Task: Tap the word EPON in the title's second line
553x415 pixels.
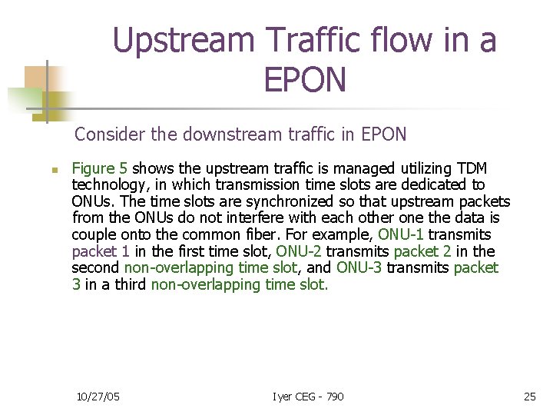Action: (x=305, y=79)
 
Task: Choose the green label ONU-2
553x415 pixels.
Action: (x=298, y=251)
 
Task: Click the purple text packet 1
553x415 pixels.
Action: (x=101, y=251)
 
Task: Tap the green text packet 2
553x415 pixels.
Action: (x=421, y=251)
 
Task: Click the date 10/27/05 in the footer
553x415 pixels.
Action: (x=98, y=397)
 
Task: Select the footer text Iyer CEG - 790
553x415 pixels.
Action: (x=308, y=397)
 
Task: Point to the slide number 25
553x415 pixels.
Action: (x=529, y=397)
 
